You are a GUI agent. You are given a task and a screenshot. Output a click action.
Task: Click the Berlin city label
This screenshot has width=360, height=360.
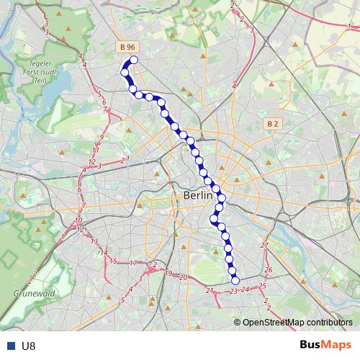(198, 195)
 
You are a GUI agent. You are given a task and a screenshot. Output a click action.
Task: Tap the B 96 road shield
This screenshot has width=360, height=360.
(127, 47)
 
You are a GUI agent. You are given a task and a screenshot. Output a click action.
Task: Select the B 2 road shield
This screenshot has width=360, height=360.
(271, 124)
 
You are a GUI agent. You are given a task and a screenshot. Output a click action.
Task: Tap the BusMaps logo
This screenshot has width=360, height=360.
(325, 345)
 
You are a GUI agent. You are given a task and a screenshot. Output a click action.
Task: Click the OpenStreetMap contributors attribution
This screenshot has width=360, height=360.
(297, 323)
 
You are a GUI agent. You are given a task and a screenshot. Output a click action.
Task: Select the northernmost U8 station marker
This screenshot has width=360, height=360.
(133, 60)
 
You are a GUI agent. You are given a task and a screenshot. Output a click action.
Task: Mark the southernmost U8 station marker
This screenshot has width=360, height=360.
(235, 280)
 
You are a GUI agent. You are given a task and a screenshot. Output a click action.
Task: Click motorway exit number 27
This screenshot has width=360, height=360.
(264, 246)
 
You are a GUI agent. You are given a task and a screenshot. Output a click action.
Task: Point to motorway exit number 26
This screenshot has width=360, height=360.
(269, 271)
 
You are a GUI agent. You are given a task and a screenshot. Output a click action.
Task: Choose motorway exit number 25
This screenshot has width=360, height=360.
(262, 287)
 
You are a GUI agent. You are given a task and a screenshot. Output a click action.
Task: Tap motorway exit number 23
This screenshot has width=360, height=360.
(233, 292)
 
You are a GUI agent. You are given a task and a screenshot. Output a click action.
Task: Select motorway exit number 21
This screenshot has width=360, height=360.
(210, 290)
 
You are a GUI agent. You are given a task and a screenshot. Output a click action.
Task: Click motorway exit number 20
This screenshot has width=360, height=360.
(184, 277)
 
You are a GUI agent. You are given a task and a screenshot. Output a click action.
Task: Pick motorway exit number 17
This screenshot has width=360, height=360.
(133, 264)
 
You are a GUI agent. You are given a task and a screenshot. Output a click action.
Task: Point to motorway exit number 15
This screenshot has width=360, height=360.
(113, 260)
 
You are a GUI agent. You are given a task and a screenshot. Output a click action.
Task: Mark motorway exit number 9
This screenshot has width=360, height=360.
(102, 137)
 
